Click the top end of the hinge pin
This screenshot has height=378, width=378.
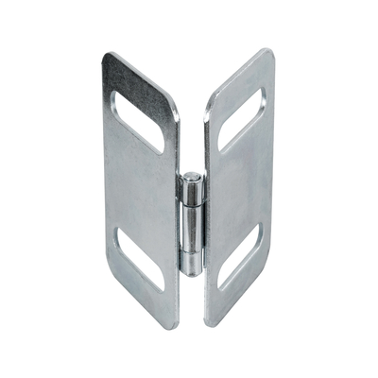click(x=193, y=176)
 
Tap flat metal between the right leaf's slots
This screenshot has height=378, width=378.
click(x=241, y=194)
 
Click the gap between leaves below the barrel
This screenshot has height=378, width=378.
click(x=191, y=302)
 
